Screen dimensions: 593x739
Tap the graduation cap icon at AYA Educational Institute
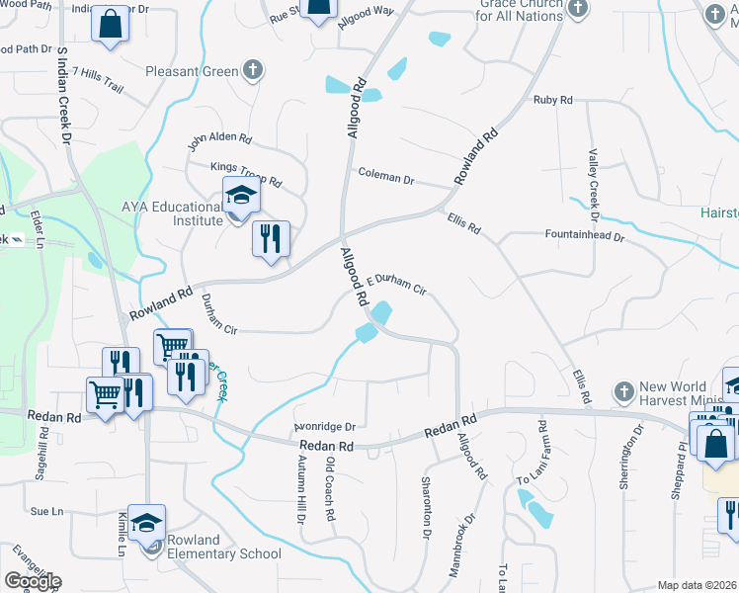pos(241,196)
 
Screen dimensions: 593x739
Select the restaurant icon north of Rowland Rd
pos(271,238)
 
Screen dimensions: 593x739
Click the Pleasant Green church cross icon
pos(253,71)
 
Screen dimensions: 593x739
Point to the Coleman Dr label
pos(385,177)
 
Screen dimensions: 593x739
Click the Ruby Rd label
pos(552,100)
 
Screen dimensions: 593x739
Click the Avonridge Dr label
pos(324,427)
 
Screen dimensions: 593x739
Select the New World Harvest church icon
pos(622,391)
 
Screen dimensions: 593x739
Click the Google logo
pos(33,580)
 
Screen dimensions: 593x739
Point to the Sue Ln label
pos(46,511)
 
